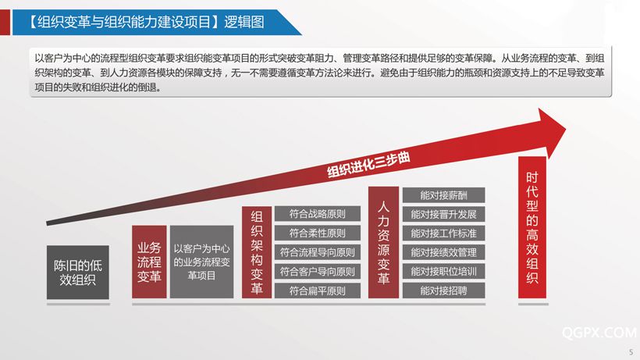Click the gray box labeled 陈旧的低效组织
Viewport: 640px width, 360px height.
(x=77, y=273)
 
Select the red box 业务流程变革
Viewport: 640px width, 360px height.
(x=149, y=262)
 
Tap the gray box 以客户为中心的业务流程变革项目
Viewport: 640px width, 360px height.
(x=201, y=262)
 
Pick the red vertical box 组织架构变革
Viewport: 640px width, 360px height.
(x=256, y=252)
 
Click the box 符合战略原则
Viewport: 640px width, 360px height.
(x=317, y=214)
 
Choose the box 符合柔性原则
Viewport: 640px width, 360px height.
(x=317, y=233)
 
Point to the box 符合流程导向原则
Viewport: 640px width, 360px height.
(x=317, y=252)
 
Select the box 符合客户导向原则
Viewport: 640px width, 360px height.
(x=317, y=272)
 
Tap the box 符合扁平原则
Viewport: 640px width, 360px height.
(x=317, y=290)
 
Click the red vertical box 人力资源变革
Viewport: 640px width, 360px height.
(x=383, y=242)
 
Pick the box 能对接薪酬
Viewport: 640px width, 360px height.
(x=443, y=195)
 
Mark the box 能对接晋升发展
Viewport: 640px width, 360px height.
(x=443, y=214)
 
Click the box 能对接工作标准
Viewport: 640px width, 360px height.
(x=443, y=233)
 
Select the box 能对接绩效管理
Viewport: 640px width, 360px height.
(x=443, y=252)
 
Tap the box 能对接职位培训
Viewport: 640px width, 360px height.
(x=443, y=272)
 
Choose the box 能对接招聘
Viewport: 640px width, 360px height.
(x=443, y=290)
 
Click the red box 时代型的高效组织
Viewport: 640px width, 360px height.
(x=532, y=227)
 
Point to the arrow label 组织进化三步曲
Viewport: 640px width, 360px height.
(x=368, y=165)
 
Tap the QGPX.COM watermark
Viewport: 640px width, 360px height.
(x=599, y=333)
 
